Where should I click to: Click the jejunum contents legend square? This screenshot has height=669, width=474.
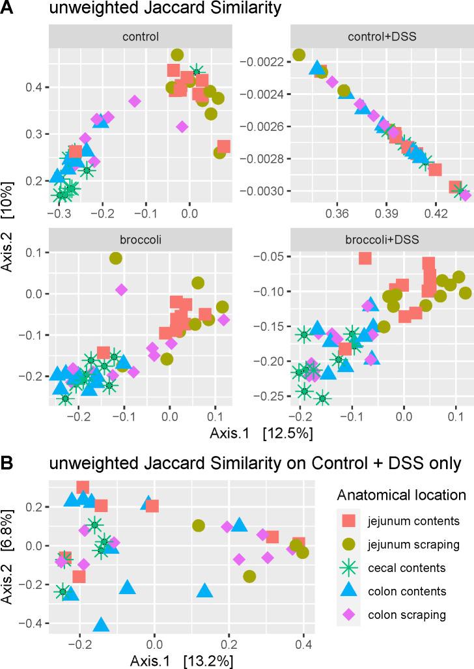pyautogui.click(x=350, y=520)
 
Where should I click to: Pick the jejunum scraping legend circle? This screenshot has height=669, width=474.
pyautogui.click(x=350, y=543)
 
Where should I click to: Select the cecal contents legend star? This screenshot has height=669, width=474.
pyautogui.click(x=350, y=567)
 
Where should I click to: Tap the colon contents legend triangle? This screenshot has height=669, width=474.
pyautogui.click(x=350, y=590)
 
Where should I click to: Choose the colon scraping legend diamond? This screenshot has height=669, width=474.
pyautogui.click(x=350, y=614)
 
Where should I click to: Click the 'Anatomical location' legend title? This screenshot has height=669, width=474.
pyautogui.click(x=401, y=494)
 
